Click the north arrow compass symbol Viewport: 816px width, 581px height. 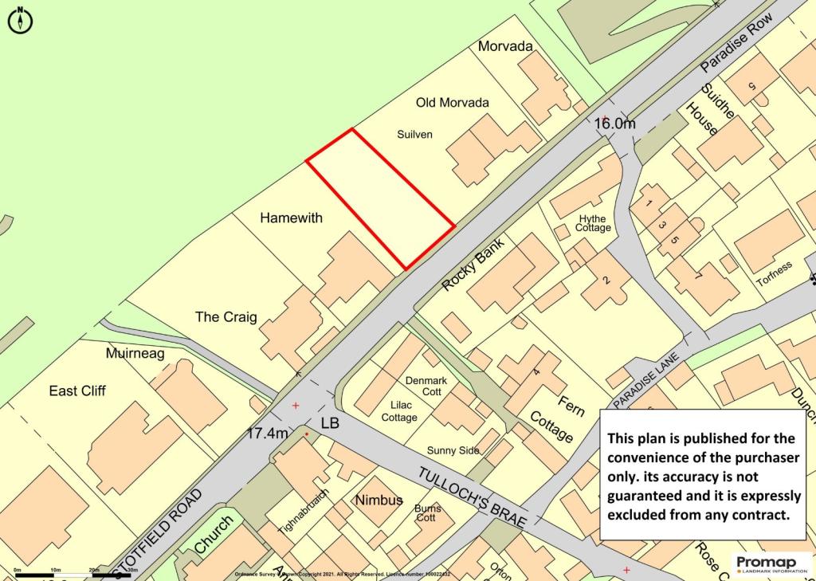[x=20, y=21]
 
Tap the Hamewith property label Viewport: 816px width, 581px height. [x=291, y=217]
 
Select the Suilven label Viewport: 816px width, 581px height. [x=414, y=134]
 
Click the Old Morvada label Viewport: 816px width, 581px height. [x=453, y=103]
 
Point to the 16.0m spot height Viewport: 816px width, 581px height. [x=615, y=124]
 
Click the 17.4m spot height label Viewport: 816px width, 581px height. [x=267, y=434]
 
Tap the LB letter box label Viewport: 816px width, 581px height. [x=329, y=423]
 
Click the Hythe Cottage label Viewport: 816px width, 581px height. [x=593, y=224]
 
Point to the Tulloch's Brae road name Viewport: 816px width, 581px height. [x=472, y=496]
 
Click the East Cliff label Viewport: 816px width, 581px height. [x=77, y=391]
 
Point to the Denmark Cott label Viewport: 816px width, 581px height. [x=426, y=387]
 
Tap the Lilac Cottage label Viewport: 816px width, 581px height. [x=399, y=411]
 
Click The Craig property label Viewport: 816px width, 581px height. [x=226, y=316]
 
